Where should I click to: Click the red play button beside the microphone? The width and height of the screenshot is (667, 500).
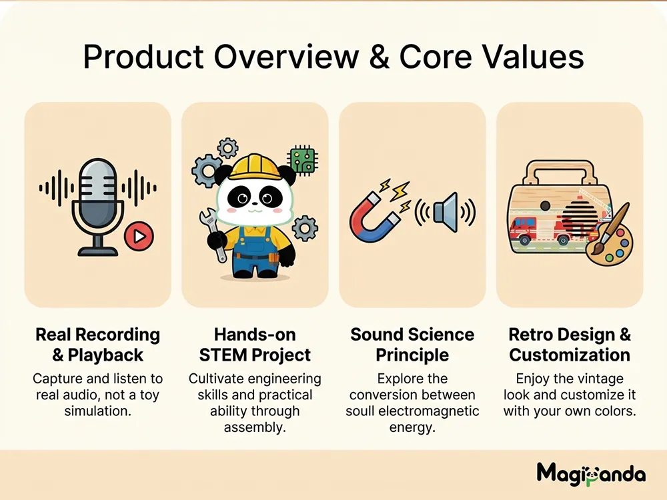click(x=139, y=236)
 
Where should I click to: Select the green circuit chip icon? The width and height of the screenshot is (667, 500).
click(x=303, y=160)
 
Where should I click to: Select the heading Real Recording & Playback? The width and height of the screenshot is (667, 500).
click(x=98, y=345)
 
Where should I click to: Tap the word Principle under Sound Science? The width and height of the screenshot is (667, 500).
click(x=412, y=355)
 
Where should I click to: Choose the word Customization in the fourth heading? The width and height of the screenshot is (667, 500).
click(x=570, y=355)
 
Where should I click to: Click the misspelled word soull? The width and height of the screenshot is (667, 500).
click(x=360, y=411)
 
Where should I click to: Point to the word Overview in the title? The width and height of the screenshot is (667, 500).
click(x=286, y=57)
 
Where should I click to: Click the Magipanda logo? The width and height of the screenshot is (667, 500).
click(x=591, y=473)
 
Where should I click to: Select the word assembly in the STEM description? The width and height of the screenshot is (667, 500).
click(x=255, y=427)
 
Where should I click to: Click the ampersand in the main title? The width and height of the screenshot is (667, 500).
click(x=380, y=57)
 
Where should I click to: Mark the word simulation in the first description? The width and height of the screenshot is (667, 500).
click(x=98, y=411)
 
